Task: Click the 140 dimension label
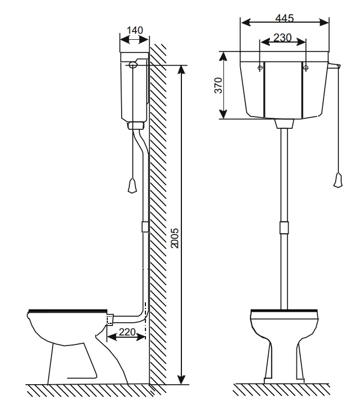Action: point(135,30)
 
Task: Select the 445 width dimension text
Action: point(284,18)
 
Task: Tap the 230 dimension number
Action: point(283,38)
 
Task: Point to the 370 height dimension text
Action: point(218,85)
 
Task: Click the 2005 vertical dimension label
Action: point(174,238)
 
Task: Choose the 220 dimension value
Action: point(127,332)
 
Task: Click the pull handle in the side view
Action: point(132,186)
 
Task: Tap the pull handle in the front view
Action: point(338,180)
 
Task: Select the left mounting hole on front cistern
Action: point(260,67)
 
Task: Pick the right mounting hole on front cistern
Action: point(306,67)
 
